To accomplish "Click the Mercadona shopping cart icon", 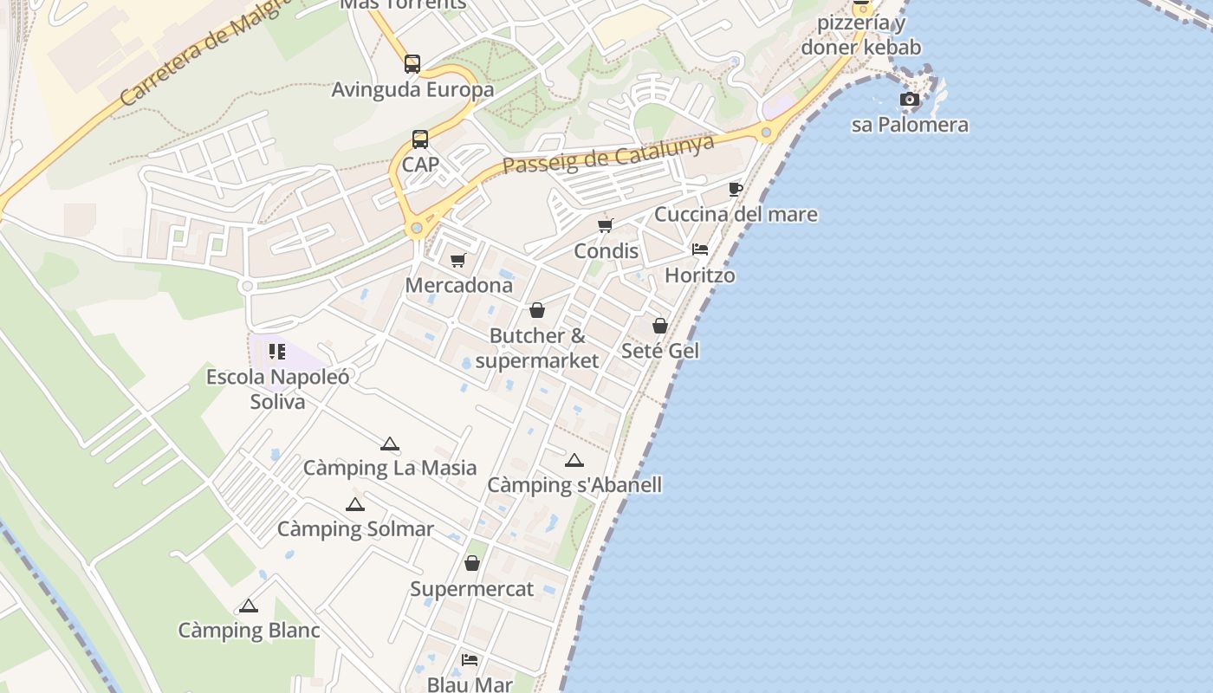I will [x=458, y=260].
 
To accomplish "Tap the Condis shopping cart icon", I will [x=606, y=226].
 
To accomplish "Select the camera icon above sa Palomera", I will [x=909, y=100].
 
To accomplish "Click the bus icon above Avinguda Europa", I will [x=412, y=64].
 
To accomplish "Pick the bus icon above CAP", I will [x=420, y=139].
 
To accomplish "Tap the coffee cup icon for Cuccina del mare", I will [x=736, y=189].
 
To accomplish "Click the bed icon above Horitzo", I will [x=700, y=249].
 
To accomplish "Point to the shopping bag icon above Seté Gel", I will [x=660, y=326].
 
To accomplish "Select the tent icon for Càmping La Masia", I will [x=390, y=444].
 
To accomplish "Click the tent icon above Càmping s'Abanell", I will [x=574, y=460].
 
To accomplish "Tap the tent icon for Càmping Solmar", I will [x=354, y=504].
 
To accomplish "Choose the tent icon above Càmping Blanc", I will [x=249, y=606].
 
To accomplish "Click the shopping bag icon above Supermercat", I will [x=472, y=564].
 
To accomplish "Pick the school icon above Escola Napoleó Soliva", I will [x=277, y=352].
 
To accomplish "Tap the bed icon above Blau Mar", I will [x=470, y=660].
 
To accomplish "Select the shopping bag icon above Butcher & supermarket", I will [x=537, y=310].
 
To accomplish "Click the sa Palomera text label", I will [x=910, y=125].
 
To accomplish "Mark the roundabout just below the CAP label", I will [x=417, y=229].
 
